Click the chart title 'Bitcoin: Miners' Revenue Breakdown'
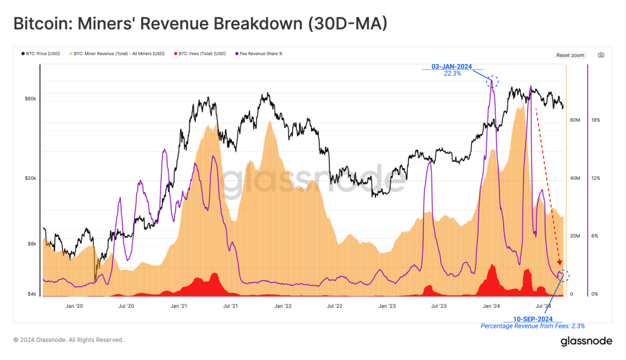201,23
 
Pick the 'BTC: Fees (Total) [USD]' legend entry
198,54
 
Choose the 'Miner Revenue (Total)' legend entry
120,54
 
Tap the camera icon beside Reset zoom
601,55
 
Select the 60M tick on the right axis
575,120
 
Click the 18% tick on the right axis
595,120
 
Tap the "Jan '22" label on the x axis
282,305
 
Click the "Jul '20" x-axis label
126,305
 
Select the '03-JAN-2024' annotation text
451,67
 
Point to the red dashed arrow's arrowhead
559,263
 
